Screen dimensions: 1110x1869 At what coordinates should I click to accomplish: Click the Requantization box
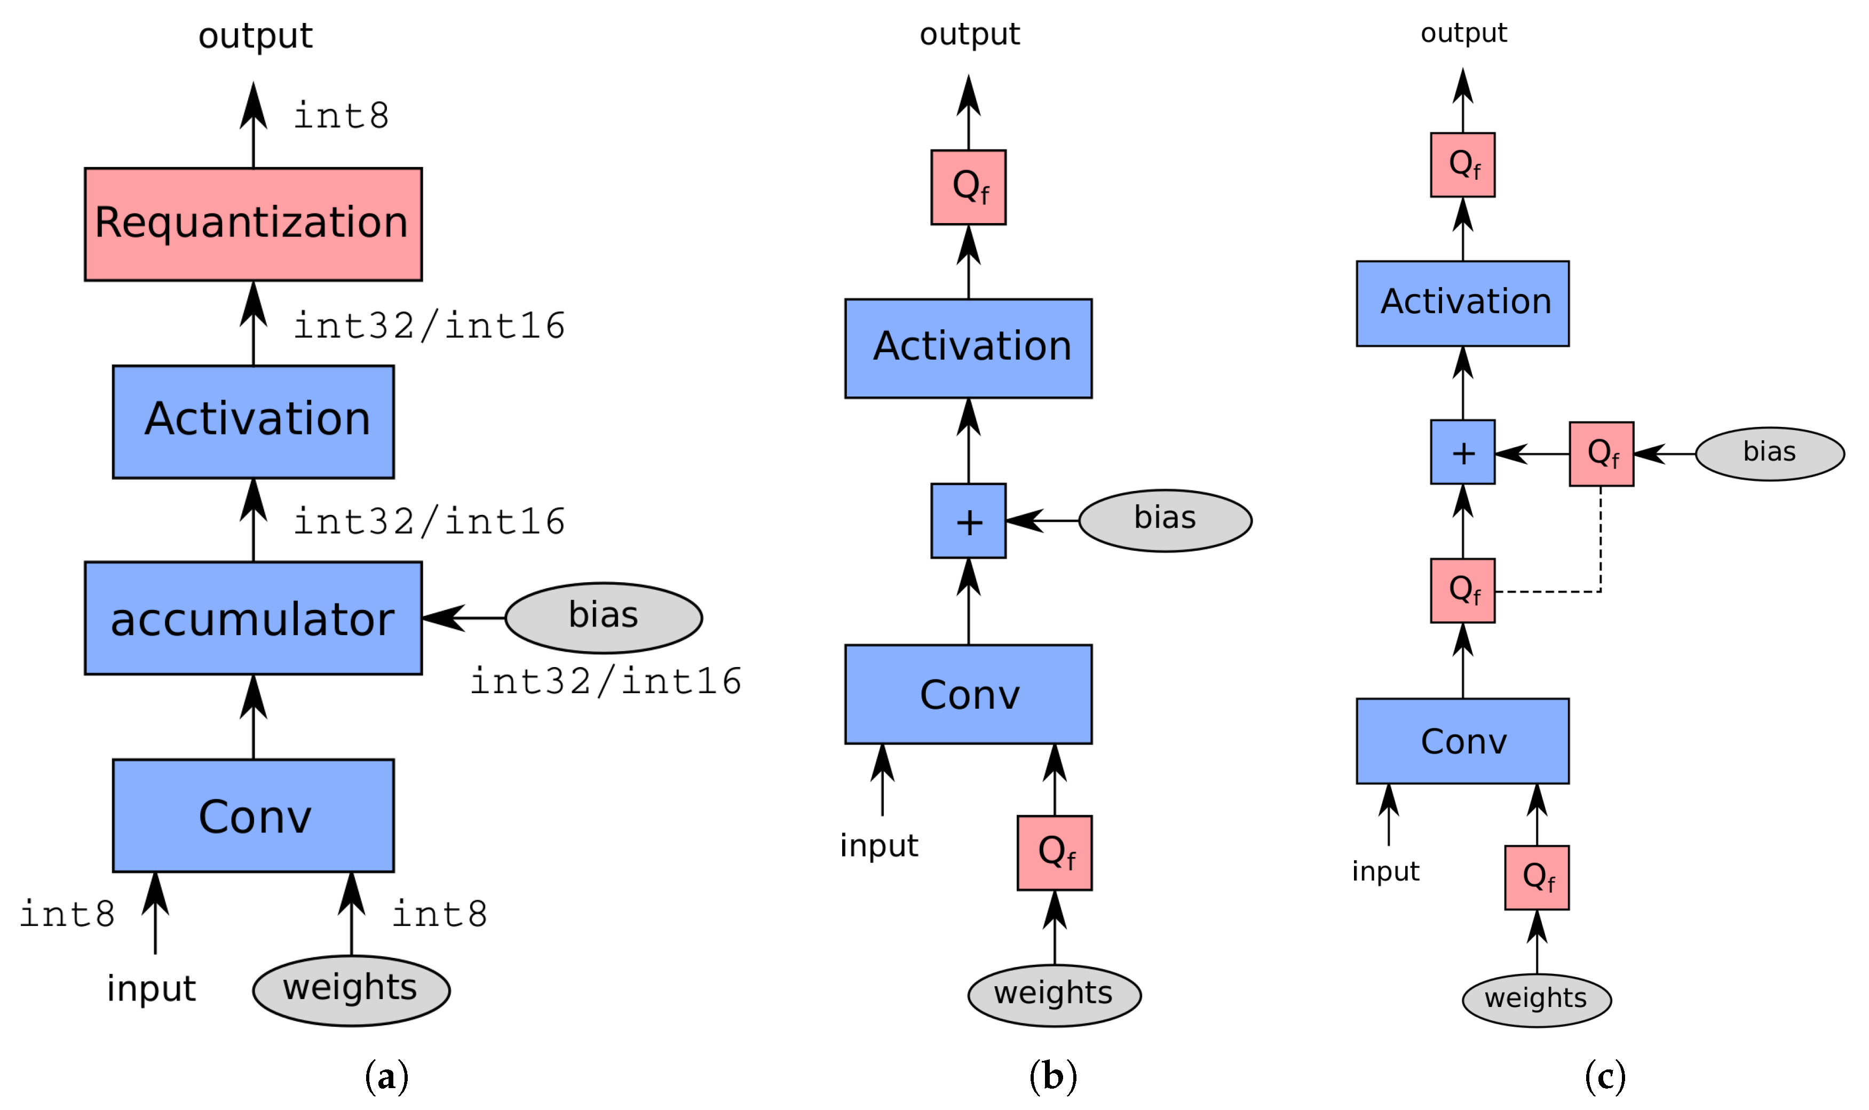(253, 224)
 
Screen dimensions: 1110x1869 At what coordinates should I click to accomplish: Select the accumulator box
(253, 619)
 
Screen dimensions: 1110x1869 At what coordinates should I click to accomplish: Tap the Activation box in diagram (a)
(253, 422)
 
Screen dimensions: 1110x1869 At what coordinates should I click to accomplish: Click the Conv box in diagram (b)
(968, 694)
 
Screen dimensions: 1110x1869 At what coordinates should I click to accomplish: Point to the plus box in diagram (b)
(968, 521)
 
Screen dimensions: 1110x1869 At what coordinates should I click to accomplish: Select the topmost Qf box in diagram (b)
(968, 187)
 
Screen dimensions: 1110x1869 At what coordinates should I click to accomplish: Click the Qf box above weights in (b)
(1054, 853)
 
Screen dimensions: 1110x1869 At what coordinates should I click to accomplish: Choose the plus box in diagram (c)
(1462, 452)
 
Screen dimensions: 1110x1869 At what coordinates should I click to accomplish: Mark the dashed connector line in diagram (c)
(1600, 553)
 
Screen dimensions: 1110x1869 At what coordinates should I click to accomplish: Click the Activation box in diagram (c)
(1462, 303)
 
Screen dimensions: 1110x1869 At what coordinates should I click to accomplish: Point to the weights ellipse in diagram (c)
(1536, 1000)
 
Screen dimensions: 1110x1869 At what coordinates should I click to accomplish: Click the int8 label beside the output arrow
(341, 116)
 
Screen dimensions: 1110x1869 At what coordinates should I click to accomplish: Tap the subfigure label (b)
(1052, 1076)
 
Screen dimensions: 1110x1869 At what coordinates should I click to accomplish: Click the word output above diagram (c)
(1463, 33)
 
